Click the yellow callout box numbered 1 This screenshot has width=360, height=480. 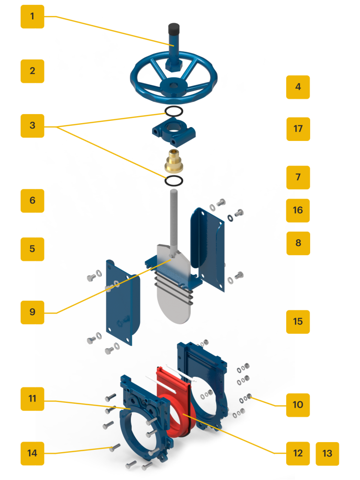click(32, 16)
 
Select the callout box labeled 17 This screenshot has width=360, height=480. click(298, 129)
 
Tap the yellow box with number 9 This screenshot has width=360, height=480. click(32, 312)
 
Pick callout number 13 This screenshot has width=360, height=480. click(327, 454)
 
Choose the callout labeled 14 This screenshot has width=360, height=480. click(32, 453)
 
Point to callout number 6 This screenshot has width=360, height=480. click(32, 200)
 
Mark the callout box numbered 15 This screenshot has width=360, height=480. click(298, 321)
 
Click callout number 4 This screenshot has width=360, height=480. click(298, 87)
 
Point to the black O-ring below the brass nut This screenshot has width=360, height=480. click(174, 181)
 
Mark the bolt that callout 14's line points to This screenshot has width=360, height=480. click(114, 448)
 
